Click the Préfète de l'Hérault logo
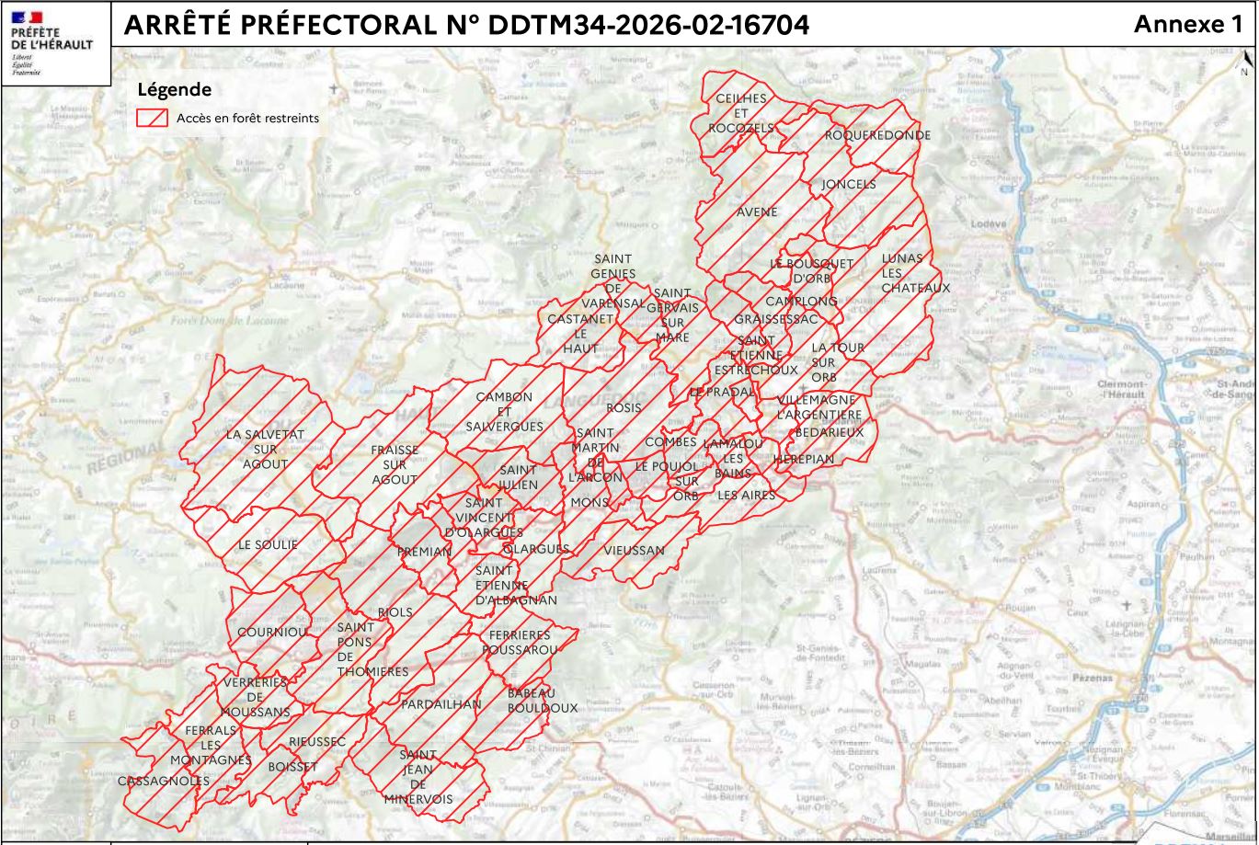pyautogui.click(x=54, y=42)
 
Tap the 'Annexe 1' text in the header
pyautogui.click(x=1187, y=25)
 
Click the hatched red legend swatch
pyautogui.click(x=152, y=118)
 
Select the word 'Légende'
pyautogui.click(x=174, y=90)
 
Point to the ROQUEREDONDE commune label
pyautogui.click(x=876, y=135)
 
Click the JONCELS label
pyautogui.click(x=848, y=184)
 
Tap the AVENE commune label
pyautogui.click(x=757, y=211)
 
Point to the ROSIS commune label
pyautogui.click(x=624, y=406)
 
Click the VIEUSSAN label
pyautogui.click(x=634, y=550)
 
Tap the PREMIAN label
pyautogui.click(x=423, y=552)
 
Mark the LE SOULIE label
pyautogui.click(x=268, y=544)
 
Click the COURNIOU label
pyautogui.click(x=271, y=633)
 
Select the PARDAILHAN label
pyautogui.click(x=441, y=703)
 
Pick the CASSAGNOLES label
pyautogui.click(x=164, y=781)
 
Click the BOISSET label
pyautogui.click(x=292, y=765)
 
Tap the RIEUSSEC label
pyautogui.click(x=317, y=740)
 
